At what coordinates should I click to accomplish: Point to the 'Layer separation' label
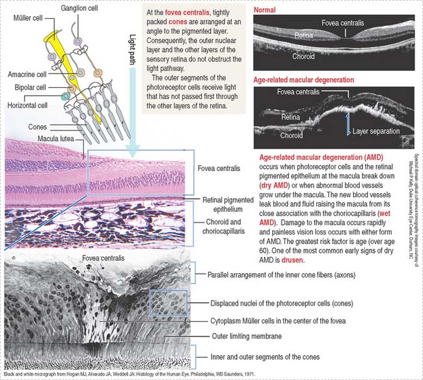point(377,132)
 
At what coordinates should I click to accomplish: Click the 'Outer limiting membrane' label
point(248,336)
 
